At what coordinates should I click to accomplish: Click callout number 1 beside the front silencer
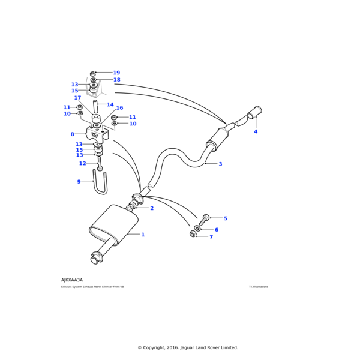pyautogui.click(x=143, y=235)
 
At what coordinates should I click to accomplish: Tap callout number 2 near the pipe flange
pyautogui.click(x=152, y=208)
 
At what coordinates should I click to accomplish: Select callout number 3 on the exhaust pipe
pyautogui.click(x=220, y=164)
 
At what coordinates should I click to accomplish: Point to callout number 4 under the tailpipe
pyautogui.click(x=255, y=131)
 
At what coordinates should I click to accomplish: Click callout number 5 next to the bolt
pyautogui.click(x=226, y=218)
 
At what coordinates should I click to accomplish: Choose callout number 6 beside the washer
pyautogui.click(x=217, y=230)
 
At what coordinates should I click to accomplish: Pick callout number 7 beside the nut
pyautogui.click(x=211, y=237)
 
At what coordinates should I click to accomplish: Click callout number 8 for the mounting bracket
pyautogui.click(x=72, y=134)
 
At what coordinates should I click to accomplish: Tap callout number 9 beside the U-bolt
pyautogui.click(x=79, y=181)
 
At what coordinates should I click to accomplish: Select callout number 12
pyautogui.click(x=82, y=163)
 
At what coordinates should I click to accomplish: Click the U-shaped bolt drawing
pyautogui.click(x=101, y=185)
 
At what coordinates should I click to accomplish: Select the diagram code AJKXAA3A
pyautogui.click(x=72, y=280)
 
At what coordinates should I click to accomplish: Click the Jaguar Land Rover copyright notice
pyautogui.click(x=188, y=347)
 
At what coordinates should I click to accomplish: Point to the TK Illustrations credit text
pyautogui.click(x=259, y=287)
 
